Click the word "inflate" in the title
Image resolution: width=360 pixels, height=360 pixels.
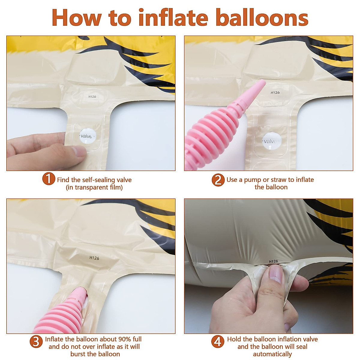click(x=173, y=18)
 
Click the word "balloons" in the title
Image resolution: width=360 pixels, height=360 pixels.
click(x=262, y=18)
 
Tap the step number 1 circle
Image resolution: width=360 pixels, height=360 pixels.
click(x=48, y=179)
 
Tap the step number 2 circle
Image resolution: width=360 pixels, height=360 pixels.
click(x=218, y=180)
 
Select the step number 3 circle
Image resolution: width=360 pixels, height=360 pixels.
click(x=36, y=342)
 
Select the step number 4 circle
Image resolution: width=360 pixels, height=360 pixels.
click(x=218, y=342)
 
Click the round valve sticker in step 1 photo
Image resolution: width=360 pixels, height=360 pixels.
click(x=87, y=136)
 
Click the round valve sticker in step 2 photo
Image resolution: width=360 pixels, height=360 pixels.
click(x=271, y=141)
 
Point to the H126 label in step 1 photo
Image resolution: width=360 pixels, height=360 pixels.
click(x=92, y=97)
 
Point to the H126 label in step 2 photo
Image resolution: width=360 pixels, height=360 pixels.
click(x=275, y=93)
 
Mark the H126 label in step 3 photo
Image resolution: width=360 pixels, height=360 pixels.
click(x=94, y=258)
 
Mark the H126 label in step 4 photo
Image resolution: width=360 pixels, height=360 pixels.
click(x=273, y=261)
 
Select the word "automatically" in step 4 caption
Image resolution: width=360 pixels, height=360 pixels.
click(x=272, y=354)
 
